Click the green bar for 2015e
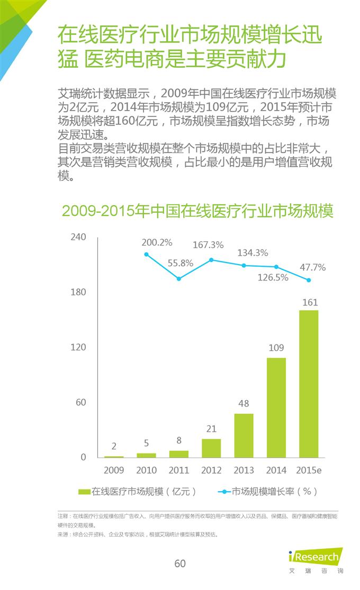pos(309,384)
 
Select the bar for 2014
pos(276,407)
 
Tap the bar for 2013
pos(244,435)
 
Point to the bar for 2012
pos(211,448)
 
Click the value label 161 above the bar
pos(310,303)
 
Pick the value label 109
pos(276,348)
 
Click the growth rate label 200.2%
pos(157,242)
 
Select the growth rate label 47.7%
pos(313,267)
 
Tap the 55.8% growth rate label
pos(181,262)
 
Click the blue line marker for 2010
pos(147,255)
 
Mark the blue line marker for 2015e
pos(309,280)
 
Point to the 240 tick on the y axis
pos(78,237)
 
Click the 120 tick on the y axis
pos(78,347)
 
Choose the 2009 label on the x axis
pos(114,470)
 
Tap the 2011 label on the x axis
pos(179,470)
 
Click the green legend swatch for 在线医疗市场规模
pos(84,492)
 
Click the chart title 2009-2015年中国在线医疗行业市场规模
pos(197,211)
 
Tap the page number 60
pos(180,564)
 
